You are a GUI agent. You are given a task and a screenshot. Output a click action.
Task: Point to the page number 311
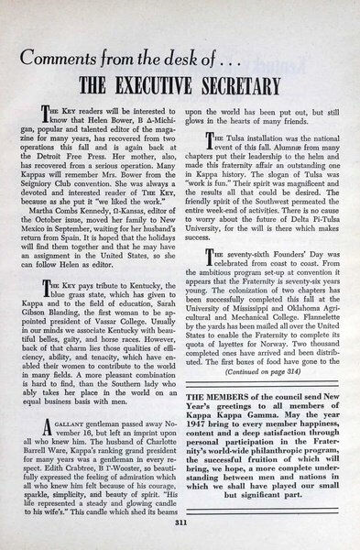(180, 524)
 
